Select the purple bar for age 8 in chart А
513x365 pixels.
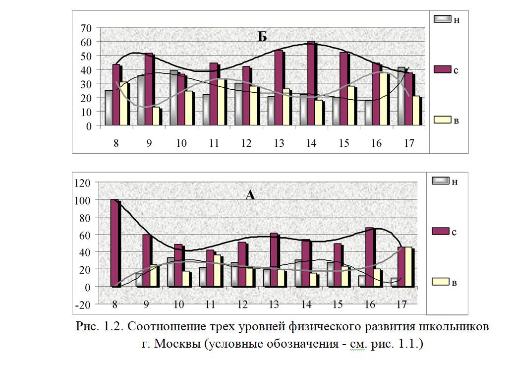coord(114,243)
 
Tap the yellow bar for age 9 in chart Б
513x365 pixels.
coord(156,116)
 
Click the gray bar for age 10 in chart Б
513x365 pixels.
coord(173,98)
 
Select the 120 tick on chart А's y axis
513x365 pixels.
coord(82,182)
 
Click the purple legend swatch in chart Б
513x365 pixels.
coord(442,69)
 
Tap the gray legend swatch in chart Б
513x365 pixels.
coord(442,19)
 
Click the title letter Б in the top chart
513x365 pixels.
coord(262,36)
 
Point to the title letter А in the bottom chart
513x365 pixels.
coord(250,195)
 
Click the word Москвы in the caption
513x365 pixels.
coord(174,343)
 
